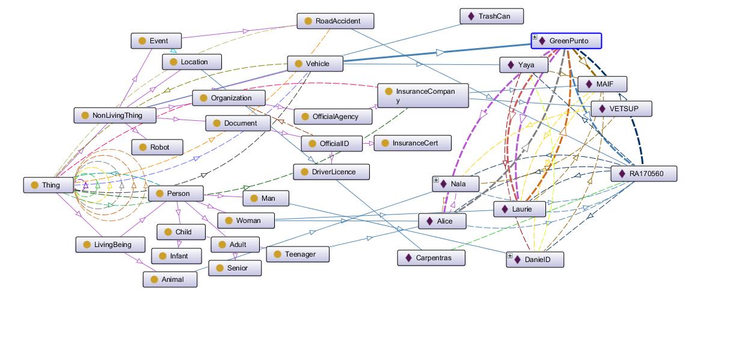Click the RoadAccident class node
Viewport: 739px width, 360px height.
pyautogui.click(x=336, y=21)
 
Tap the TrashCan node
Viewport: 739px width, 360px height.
pyautogui.click(x=492, y=16)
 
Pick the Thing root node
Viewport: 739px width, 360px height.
pyautogui.click(x=49, y=185)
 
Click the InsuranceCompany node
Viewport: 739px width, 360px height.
pyautogui.click(x=423, y=96)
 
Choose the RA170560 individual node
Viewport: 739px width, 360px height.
pyautogui.click(x=644, y=174)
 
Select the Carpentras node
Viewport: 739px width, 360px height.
pyautogui.click(x=431, y=258)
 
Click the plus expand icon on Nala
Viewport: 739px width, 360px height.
pyautogui.click(x=436, y=180)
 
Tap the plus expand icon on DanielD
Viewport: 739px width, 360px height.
pyautogui.click(x=510, y=256)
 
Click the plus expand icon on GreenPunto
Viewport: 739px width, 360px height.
pyautogui.click(x=535, y=37)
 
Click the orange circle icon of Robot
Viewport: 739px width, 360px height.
pyautogui.click(x=143, y=147)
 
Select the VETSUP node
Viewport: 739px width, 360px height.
pyautogui.click(x=621, y=109)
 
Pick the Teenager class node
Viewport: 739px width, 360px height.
pyautogui.click(x=298, y=254)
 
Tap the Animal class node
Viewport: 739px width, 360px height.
pyautogui.click(x=170, y=279)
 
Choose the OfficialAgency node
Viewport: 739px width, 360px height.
pyautogui.click(x=334, y=117)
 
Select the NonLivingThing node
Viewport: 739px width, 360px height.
pyautogui.click(x=115, y=115)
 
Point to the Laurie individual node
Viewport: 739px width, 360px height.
pyautogui.click(x=520, y=209)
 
